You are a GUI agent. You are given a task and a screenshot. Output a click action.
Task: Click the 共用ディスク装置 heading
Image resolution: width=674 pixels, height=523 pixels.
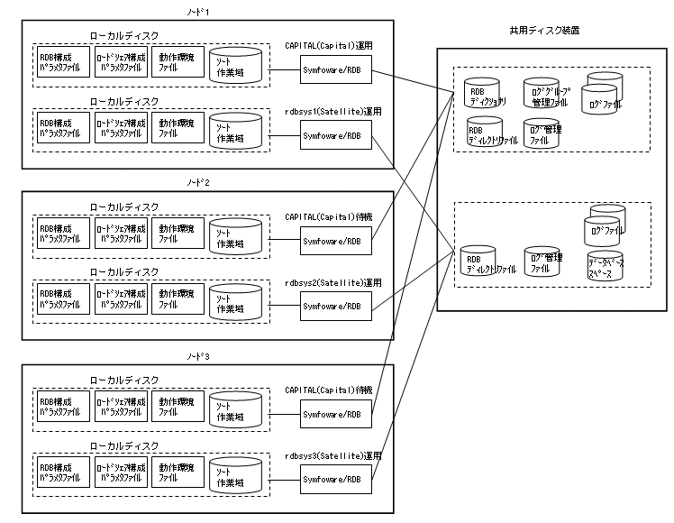click(543, 30)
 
